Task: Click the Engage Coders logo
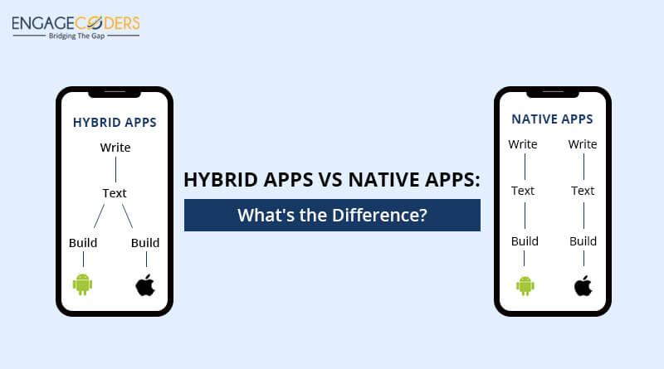point(76,27)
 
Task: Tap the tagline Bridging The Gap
point(76,36)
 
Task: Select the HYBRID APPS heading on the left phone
point(115,122)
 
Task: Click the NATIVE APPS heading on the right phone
point(552,119)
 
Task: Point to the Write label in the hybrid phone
point(115,148)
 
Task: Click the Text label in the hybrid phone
point(115,193)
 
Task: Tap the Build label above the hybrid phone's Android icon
point(83,242)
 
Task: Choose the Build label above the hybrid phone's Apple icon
point(145,242)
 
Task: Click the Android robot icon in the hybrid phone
point(82,284)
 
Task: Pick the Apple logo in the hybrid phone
point(145,284)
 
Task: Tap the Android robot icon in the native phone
point(525,285)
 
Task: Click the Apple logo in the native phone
point(583,285)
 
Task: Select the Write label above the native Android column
point(523,144)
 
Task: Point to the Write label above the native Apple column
point(583,144)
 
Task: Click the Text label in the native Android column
point(523,191)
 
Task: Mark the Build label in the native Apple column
point(583,241)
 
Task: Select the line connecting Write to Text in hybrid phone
point(115,170)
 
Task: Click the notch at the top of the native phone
point(553,93)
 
